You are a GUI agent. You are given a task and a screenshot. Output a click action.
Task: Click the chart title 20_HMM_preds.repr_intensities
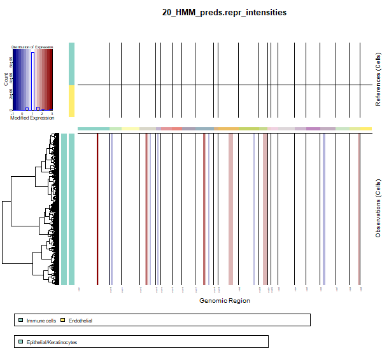224,12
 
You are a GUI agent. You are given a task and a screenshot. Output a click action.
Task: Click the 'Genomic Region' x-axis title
224,301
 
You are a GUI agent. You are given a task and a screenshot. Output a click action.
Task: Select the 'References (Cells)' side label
378,80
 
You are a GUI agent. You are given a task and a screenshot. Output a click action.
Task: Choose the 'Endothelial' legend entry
80,321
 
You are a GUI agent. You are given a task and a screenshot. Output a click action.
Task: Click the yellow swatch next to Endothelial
63,321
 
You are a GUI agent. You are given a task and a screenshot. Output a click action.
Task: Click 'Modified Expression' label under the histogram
32,118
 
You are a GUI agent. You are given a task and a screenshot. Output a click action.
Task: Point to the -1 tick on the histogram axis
13,113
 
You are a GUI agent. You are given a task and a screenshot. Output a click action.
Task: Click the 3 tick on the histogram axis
52,113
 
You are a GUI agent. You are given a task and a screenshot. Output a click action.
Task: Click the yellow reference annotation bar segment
71,101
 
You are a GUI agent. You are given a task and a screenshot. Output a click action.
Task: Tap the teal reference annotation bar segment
71,64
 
